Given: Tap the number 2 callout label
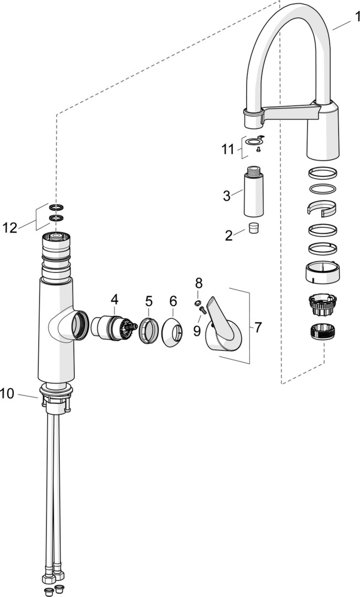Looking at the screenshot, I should [229, 235].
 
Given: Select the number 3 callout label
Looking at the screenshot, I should [226, 196].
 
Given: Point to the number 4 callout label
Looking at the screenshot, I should [114, 299].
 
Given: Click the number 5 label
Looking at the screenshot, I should [149, 301].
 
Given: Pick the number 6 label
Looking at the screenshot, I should [173, 301].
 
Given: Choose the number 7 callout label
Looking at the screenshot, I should [258, 327].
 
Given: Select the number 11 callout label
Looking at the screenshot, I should [228, 149].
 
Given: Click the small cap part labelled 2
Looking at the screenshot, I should [254, 228].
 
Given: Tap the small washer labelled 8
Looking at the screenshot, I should [197, 303].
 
